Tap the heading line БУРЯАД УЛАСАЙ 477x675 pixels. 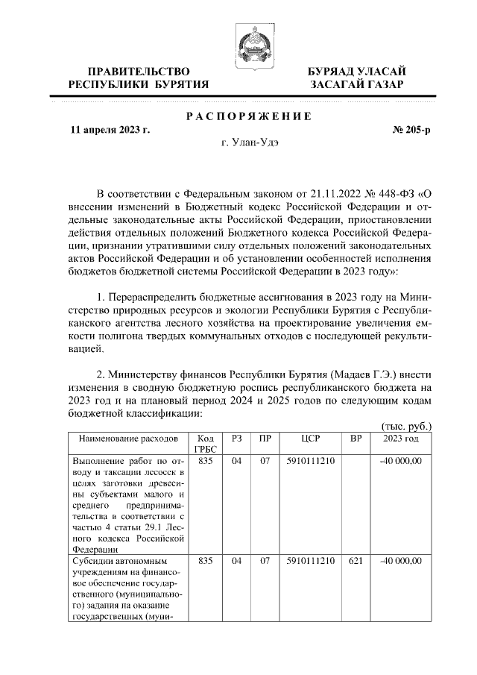point(357,71)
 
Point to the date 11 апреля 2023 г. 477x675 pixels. point(110,129)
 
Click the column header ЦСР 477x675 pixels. point(310,438)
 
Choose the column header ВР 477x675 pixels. point(356,438)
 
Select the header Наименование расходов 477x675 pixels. point(119,438)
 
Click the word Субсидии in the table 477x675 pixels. point(95,560)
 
